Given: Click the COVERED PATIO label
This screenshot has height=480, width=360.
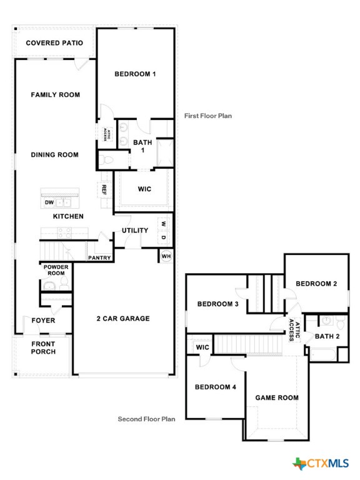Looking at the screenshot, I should [54, 43].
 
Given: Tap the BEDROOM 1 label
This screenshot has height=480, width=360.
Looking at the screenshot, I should [135, 74].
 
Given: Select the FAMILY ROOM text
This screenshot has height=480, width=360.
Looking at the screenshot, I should [56, 95].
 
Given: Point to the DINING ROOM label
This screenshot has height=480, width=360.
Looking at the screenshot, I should [55, 154].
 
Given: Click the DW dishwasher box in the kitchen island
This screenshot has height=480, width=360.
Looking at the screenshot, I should [49, 202].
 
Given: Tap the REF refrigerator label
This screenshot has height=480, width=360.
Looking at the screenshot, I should [104, 189].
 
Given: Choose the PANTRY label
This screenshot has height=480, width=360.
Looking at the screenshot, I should [99, 257].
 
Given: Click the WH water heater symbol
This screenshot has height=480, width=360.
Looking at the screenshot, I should [166, 256].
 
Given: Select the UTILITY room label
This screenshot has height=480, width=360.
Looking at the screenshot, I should [135, 231].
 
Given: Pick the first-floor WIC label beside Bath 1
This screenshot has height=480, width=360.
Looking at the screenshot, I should [144, 189].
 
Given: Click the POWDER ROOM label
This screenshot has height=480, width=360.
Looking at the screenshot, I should [55, 270].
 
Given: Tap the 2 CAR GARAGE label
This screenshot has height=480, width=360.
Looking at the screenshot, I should [123, 319].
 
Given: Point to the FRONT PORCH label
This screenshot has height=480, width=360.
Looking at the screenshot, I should [43, 347].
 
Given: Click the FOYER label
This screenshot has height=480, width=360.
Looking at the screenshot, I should [43, 321].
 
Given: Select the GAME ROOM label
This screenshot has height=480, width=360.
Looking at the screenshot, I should [277, 397].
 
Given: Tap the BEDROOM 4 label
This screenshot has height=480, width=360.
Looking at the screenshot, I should [216, 387].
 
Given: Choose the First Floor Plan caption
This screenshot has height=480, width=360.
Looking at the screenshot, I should [207, 116].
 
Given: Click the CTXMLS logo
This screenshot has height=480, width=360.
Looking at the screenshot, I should [321, 463].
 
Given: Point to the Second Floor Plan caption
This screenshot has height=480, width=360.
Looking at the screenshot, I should [147, 419].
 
